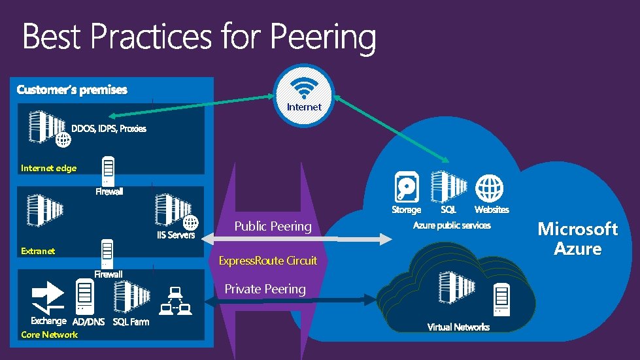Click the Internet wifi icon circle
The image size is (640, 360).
[x=304, y=95]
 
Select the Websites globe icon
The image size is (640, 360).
[x=489, y=188]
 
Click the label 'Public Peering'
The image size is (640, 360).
[x=273, y=227]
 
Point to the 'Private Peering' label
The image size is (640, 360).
[x=265, y=289]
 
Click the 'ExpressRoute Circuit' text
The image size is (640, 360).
[x=267, y=261]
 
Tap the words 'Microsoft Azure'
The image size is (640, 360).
[x=577, y=238]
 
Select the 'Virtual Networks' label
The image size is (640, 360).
[x=458, y=327]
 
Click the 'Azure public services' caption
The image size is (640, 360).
[x=452, y=225]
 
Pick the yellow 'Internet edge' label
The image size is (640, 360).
[x=48, y=169]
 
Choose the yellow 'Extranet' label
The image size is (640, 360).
[x=38, y=251]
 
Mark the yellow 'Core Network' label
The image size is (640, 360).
[x=49, y=335]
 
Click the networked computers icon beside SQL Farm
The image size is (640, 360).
[x=175, y=301]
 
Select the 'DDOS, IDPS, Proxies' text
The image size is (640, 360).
[x=113, y=129]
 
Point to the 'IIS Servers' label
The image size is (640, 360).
[x=176, y=235]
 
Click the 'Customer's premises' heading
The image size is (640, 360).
[x=72, y=90]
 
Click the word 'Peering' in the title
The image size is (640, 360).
[x=323, y=38]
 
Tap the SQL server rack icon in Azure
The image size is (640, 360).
[x=448, y=186]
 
